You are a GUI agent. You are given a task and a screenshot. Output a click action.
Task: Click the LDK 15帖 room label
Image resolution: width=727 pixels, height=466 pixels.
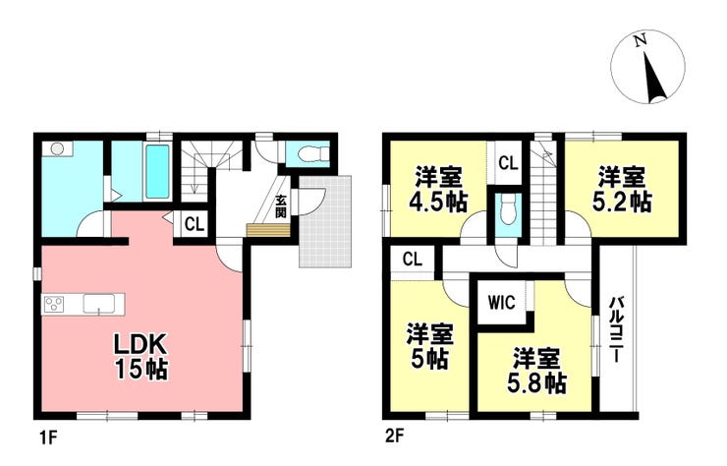141,357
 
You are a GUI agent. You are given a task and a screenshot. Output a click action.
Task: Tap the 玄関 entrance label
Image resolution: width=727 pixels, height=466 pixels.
281,206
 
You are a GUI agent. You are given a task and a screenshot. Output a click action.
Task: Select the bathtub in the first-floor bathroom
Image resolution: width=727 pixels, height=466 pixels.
157,172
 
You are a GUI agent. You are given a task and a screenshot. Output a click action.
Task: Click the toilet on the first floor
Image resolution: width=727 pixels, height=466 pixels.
313,152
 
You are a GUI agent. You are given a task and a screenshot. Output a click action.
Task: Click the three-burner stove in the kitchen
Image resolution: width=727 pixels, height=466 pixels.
54,305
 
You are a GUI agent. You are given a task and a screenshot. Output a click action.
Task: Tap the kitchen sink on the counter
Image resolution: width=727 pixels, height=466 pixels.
98,305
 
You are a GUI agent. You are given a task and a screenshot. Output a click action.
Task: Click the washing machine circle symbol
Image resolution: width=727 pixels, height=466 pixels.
57,148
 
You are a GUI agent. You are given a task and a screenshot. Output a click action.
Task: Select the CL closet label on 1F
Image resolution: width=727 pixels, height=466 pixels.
195,225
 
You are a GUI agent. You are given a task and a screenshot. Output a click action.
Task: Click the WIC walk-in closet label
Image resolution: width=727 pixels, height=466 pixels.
502,303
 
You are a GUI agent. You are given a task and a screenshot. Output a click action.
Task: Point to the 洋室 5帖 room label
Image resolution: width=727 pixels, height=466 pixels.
429,346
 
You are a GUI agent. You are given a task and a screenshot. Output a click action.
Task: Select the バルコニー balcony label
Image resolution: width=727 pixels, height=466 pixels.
616,329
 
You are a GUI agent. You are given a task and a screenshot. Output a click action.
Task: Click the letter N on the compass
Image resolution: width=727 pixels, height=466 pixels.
641,41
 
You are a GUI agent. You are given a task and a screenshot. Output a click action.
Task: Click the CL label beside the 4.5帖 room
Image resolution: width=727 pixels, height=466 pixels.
508,163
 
